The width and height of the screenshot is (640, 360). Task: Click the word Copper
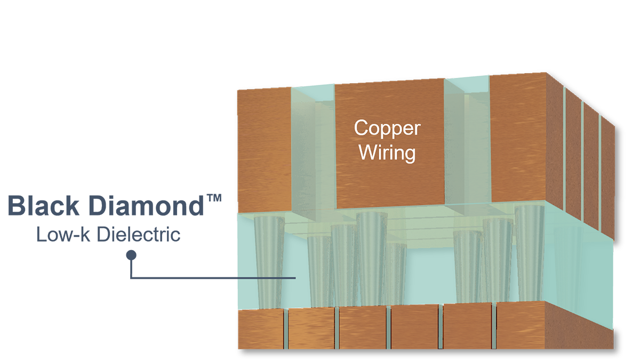[x=387, y=129]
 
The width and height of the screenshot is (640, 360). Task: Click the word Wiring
[x=387, y=153]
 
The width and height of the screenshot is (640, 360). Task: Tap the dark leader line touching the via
[x=267, y=278]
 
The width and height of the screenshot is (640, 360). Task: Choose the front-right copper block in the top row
[x=525, y=139]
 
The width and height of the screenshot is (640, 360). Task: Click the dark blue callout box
[x=107, y=213]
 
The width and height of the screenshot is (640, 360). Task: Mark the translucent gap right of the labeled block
[x=467, y=149]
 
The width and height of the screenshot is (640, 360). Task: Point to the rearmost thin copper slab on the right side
[x=607, y=176]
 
